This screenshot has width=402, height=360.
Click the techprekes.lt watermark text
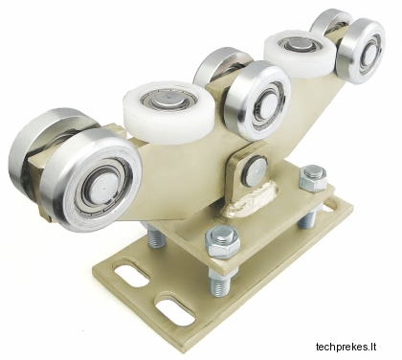point(346,347)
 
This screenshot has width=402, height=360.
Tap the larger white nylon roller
point(169,112)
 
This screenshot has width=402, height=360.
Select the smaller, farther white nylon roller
point(299,54)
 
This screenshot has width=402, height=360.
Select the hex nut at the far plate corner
point(313,177)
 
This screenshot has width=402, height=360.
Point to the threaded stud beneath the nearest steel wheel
point(156,236)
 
